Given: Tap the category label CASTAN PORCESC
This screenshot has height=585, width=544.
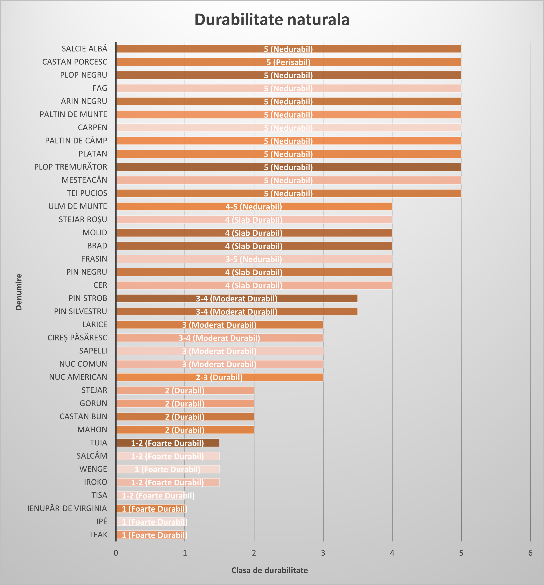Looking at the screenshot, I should click(75, 62).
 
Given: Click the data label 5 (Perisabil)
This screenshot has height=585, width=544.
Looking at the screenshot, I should click(288, 62).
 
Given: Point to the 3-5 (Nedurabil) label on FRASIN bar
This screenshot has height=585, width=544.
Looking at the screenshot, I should click(254, 259).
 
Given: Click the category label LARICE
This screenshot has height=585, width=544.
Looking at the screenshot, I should click(95, 324).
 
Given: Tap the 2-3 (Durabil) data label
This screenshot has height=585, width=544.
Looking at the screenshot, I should click(219, 377).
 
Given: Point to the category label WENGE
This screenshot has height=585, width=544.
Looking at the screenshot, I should click(93, 469).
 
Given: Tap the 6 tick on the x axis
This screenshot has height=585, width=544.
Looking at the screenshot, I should click(530, 553).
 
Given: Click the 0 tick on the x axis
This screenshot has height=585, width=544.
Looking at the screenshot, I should click(116, 553).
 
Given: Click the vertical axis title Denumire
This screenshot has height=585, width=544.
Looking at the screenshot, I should click(19, 292).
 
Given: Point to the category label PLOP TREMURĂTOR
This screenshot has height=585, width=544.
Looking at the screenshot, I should click(71, 167).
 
